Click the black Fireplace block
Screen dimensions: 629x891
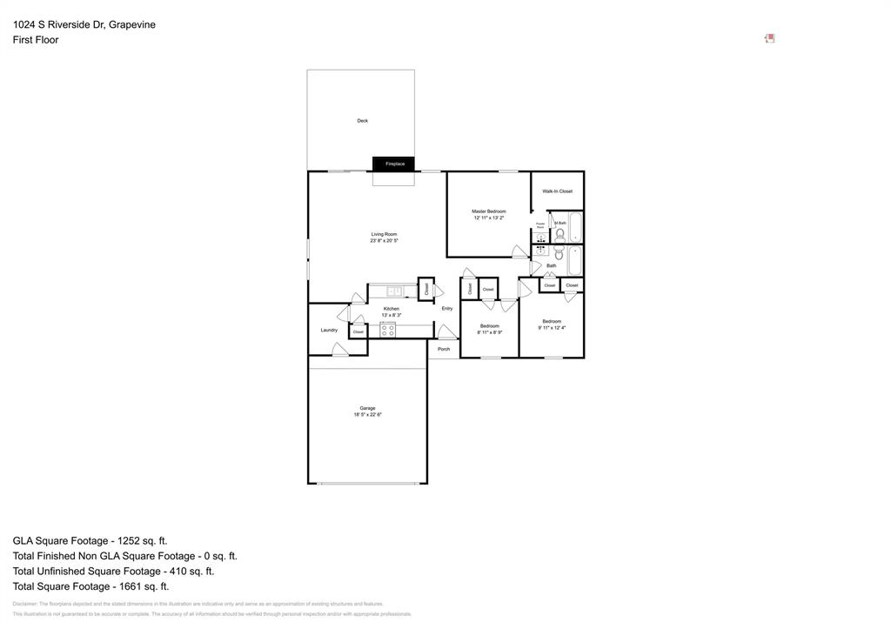point(393,164)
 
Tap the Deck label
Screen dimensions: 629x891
point(362,121)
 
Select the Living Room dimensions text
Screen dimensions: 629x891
point(384,241)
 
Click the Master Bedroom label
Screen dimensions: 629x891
point(488,211)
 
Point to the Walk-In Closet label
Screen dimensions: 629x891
point(557,191)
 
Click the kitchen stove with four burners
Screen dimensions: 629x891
point(387,330)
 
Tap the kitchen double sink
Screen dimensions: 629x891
point(394,291)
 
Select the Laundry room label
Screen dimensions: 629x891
point(329,330)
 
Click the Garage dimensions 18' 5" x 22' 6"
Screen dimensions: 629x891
point(367,415)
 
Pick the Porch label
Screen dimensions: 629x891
point(444,349)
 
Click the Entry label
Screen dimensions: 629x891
point(446,308)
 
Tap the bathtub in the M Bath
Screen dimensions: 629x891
point(575,228)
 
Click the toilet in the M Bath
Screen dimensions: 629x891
point(559,234)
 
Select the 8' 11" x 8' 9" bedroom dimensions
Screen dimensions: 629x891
point(489,332)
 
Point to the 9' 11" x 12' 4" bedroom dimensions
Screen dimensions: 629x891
point(552,328)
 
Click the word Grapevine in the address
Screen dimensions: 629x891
point(132,24)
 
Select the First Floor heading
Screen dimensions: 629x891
point(36,40)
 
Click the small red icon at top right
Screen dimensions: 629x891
point(769,38)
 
